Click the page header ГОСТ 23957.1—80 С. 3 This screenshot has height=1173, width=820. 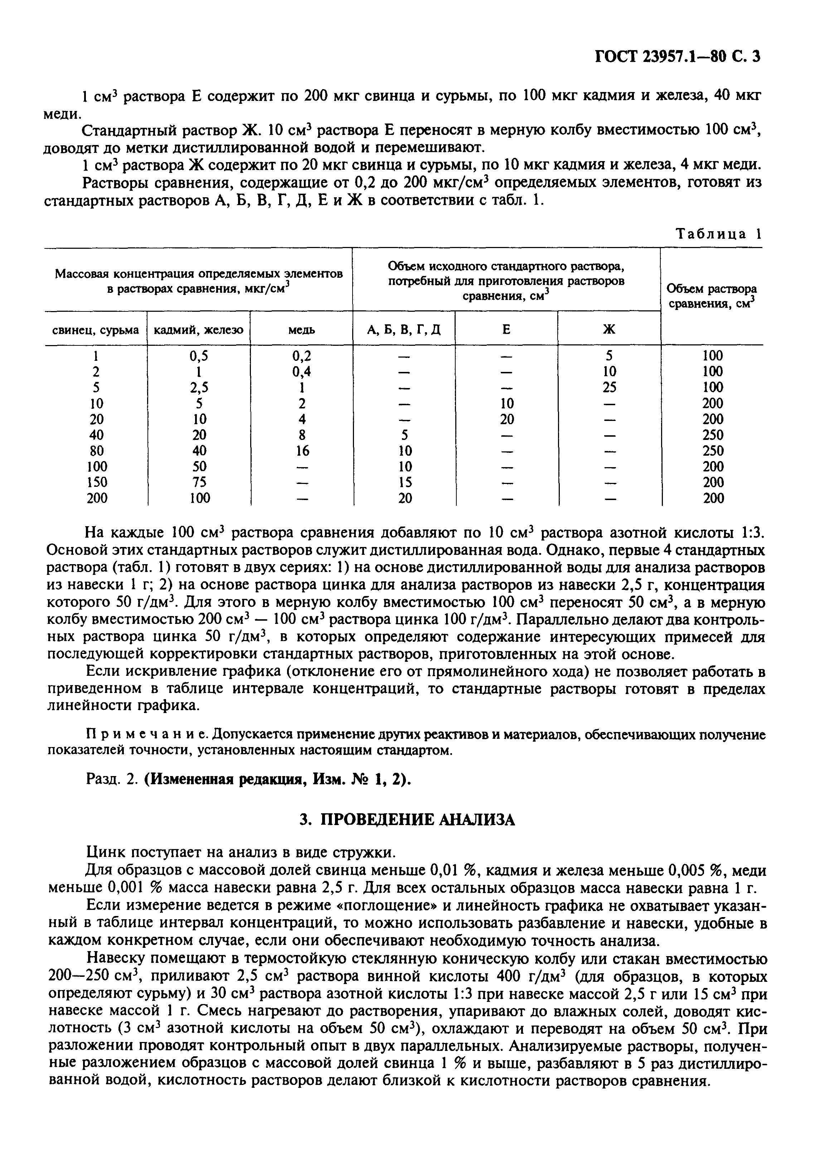678,56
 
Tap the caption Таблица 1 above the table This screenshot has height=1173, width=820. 718,234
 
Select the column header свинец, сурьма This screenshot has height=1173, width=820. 96,330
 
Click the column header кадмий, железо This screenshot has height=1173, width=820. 199,330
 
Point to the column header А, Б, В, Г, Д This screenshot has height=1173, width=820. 404,330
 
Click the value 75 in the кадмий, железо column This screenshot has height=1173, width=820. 199,482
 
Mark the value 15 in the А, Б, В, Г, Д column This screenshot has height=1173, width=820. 405,482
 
